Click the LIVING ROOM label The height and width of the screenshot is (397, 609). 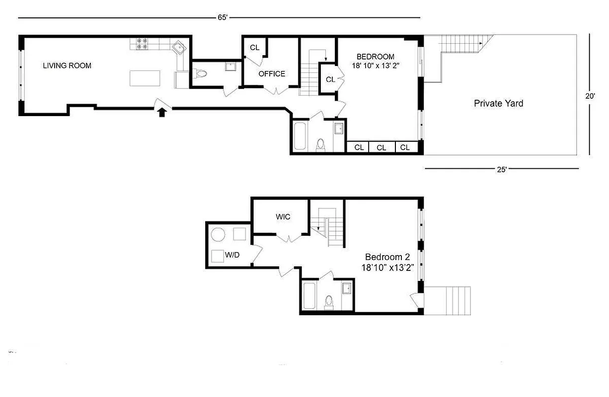click(x=67, y=66)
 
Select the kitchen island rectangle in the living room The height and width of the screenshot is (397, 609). click(x=145, y=78)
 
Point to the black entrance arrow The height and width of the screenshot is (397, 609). click(x=161, y=113)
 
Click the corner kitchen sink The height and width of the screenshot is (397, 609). click(x=178, y=48)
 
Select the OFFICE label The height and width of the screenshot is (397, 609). click(x=272, y=74)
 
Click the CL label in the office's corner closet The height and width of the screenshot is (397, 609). click(x=255, y=48)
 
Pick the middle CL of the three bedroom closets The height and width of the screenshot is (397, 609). click(x=381, y=147)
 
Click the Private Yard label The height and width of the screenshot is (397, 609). click(x=498, y=104)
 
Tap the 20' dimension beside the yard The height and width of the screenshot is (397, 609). click(x=590, y=97)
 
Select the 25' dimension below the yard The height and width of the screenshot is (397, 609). click(x=502, y=169)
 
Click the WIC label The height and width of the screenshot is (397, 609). click(x=283, y=217)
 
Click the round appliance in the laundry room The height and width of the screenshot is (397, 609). click(x=219, y=234)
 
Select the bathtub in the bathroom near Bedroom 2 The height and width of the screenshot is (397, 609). click(x=309, y=295)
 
